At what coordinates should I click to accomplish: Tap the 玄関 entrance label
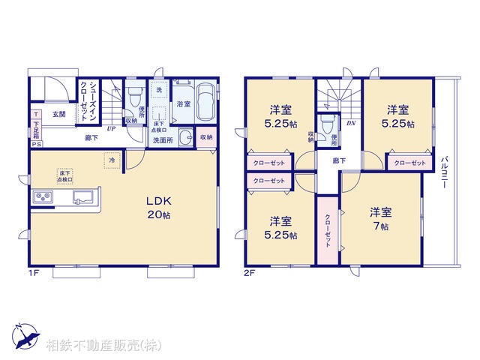59,115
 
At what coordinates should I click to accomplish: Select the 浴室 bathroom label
183,105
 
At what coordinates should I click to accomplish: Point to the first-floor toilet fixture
135,96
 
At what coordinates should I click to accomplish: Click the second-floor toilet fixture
325,123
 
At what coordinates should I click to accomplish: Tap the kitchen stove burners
41,198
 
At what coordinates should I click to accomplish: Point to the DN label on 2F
349,121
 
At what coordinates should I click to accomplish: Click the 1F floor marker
34,274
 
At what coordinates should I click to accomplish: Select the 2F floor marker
250,274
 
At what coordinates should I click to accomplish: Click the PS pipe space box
35,145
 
